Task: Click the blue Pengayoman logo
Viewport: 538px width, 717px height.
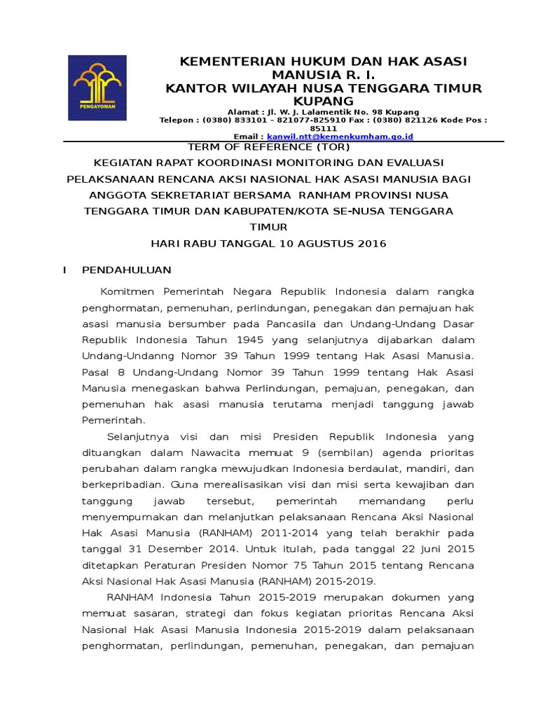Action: pos(97,88)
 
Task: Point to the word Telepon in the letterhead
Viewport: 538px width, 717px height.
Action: pos(178,120)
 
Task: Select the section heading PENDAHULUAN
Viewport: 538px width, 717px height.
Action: pos(126,270)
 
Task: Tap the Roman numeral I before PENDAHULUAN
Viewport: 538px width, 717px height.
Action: pos(64,270)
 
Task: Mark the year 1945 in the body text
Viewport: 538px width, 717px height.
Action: pos(250,340)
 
